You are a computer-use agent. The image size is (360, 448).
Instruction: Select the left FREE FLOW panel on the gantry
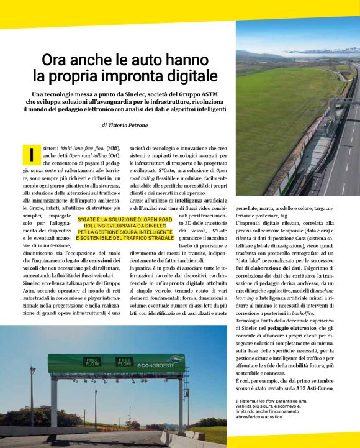tap(91, 361)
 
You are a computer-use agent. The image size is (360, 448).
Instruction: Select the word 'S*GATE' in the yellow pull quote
tap(89, 219)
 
